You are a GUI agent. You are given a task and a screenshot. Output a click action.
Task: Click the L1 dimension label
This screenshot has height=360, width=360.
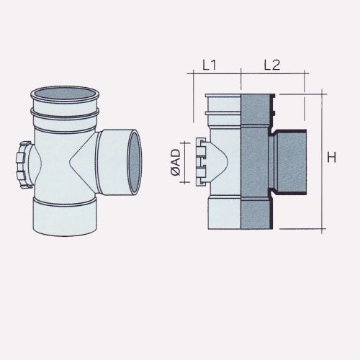tap(210, 65)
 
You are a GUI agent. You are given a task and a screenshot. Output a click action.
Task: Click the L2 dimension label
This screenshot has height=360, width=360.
tap(271, 65)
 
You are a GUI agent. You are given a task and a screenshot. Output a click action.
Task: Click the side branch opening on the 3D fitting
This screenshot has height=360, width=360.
tap(135, 162)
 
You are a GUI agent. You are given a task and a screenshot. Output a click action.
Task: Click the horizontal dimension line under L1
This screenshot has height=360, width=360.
tap(214, 75)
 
